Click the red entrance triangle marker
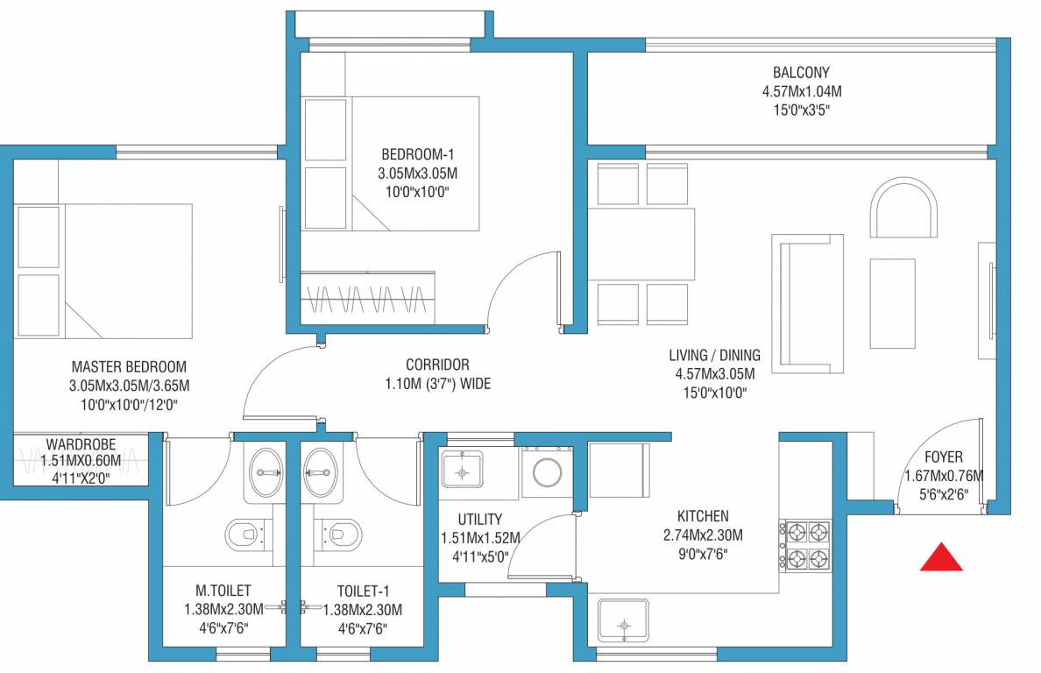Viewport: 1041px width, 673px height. [x=941, y=558]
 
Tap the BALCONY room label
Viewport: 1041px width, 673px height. [x=800, y=73]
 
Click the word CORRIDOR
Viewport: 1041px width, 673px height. [x=437, y=365]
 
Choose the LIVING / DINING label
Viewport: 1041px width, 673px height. [x=714, y=356]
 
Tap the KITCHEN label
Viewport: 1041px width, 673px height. [x=702, y=516]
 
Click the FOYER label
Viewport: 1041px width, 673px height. [x=943, y=457]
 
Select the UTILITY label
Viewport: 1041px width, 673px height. [x=480, y=519]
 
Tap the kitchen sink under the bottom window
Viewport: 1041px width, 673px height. [x=623, y=625]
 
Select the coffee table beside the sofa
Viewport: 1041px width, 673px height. [x=893, y=302]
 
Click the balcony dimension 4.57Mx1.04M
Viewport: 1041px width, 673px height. [x=801, y=91]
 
